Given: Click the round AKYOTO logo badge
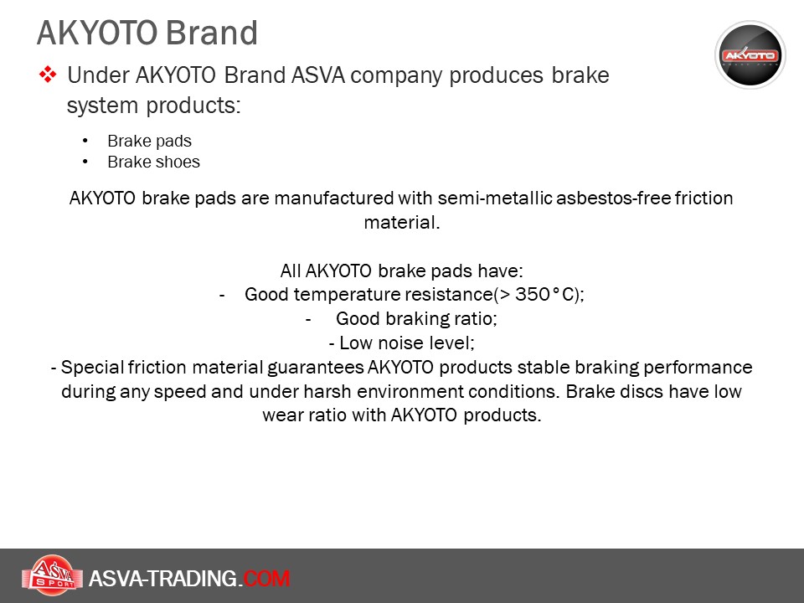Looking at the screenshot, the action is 750,55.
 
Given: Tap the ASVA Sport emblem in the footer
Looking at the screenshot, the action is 52,575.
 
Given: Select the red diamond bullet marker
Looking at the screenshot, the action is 48,75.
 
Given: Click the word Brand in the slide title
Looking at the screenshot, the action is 211,33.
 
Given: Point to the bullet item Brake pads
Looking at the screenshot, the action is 149,141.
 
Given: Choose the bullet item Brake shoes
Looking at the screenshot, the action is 153,162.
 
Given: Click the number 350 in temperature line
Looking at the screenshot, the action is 533,294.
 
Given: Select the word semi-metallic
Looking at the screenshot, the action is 495,198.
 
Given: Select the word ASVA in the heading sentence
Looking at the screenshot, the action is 318,75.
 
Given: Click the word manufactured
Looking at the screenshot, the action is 334,198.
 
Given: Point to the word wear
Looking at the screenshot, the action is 282,415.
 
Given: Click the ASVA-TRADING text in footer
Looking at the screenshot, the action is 163,579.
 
